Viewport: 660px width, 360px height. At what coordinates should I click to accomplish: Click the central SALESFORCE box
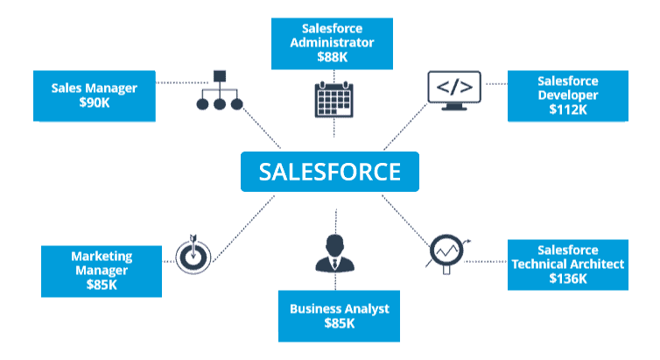click(329, 171)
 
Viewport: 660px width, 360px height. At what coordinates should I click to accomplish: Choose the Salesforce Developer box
click(567, 95)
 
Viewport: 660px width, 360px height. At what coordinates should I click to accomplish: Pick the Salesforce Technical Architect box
click(567, 264)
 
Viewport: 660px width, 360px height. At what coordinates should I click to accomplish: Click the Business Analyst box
click(339, 315)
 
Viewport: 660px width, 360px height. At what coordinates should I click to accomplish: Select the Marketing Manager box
click(102, 271)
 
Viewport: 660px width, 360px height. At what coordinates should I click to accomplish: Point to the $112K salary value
click(567, 109)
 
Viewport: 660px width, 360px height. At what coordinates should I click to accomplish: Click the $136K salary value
click(567, 279)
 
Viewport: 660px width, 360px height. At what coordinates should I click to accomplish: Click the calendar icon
click(333, 97)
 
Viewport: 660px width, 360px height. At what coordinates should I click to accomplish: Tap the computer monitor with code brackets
click(453, 90)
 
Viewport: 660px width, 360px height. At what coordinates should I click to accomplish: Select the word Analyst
click(366, 308)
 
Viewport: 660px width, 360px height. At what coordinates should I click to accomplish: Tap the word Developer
click(567, 95)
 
